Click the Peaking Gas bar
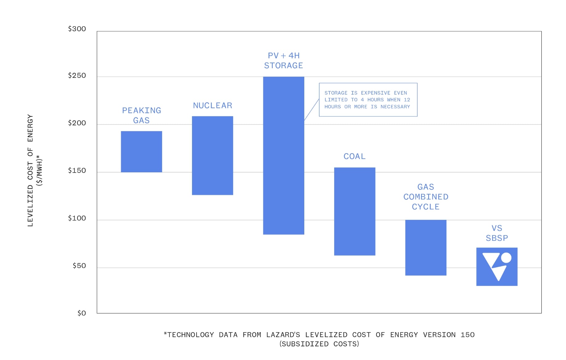141,152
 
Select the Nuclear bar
212,156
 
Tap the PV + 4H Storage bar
284,156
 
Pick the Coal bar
355,211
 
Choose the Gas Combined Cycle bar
426,248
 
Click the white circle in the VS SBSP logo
506,258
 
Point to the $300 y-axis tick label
77,29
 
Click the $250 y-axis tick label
77,76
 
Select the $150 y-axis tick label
77,171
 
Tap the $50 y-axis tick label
79,266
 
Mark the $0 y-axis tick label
82,313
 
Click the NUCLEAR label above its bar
213,106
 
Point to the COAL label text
355,157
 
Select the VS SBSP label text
497,233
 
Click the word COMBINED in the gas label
426,197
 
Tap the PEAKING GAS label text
141,115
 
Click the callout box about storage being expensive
368,100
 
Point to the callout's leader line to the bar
312,109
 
